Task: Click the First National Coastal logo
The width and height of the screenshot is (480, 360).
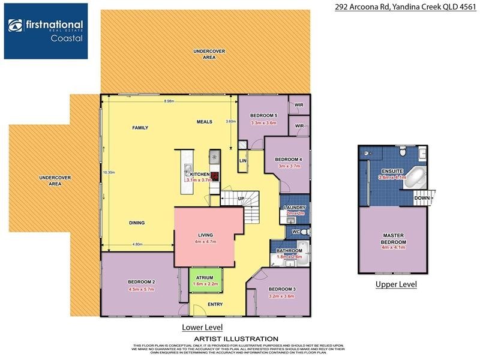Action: click(46, 31)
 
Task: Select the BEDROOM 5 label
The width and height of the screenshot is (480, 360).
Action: click(263, 115)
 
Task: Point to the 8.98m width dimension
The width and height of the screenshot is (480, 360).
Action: click(169, 101)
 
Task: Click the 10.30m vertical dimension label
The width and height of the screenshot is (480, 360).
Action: click(109, 172)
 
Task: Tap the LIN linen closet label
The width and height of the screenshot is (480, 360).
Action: click(243, 161)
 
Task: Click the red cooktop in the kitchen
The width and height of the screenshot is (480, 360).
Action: click(215, 176)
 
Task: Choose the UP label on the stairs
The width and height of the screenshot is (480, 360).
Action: click(241, 198)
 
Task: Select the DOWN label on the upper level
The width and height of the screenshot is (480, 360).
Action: click(421, 197)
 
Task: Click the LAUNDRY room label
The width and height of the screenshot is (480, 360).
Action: click(295, 208)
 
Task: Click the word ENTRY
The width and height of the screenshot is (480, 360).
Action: click(215, 304)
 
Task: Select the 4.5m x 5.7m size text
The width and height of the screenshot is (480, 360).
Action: click(142, 289)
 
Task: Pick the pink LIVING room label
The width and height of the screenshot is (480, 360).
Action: click(206, 235)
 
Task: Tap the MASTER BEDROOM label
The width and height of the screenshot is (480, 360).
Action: click(393, 238)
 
